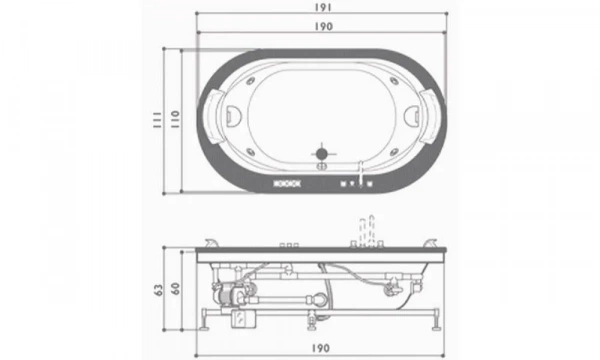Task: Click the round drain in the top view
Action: click(322, 153)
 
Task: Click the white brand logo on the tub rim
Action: click(285, 182)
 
